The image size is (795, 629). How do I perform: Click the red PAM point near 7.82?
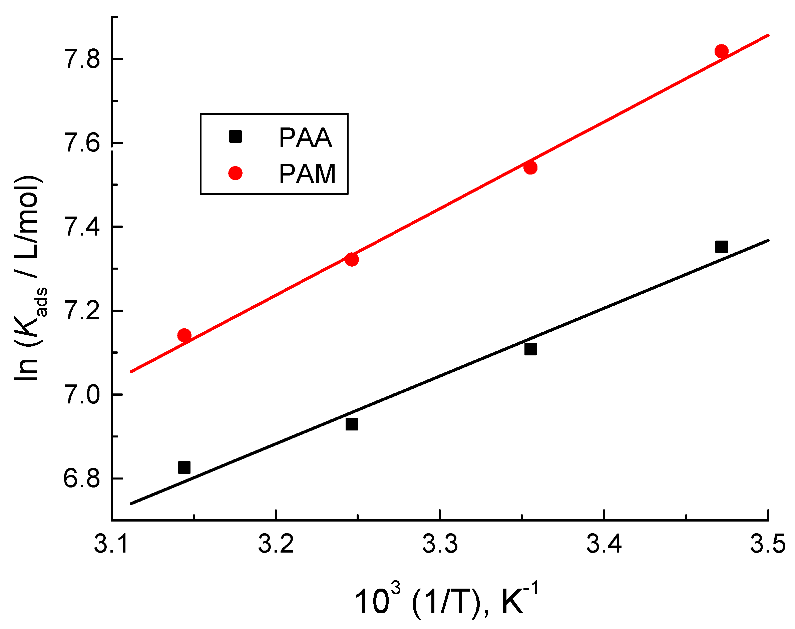[x=721, y=51]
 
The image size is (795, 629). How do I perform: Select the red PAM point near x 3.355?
[x=530, y=168]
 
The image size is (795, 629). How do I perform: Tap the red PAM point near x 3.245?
[x=352, y=259]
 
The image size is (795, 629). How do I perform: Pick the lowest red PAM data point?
[x=184, y=335]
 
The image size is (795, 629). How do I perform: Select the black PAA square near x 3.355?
[x=530, y=349]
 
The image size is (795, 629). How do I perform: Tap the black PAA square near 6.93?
[x=352, y=424]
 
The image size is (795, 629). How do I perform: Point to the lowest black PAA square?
[x=184, y=468]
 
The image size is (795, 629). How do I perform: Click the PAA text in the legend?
[x=305, y=138]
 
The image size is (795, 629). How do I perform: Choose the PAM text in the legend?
[x=307, y=174]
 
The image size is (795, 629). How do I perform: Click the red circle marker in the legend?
[x=235, y=173]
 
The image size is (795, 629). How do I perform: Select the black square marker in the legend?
[x=235, y=136]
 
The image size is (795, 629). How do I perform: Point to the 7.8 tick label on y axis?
[x=82, y=59]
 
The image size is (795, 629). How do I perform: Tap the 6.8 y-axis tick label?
[x=82, y=479]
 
